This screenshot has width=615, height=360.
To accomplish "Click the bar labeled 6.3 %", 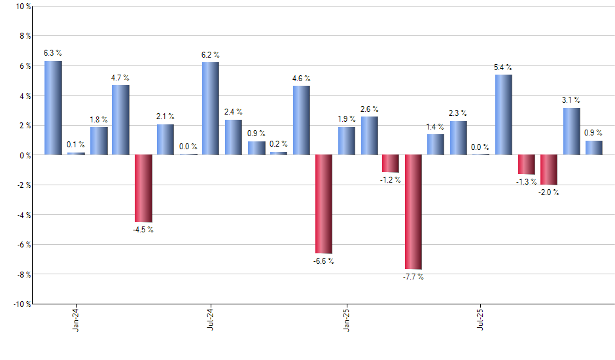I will [x=53, y=108].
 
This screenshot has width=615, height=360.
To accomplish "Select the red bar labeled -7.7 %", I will [x=413, y=211].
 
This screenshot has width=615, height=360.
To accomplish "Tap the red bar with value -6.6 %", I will [x=324, y=204].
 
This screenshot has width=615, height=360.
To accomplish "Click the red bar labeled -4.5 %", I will [x=143, y=188].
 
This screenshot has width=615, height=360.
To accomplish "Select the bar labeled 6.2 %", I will [x=211, y=109].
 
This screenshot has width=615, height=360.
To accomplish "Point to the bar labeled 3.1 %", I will [x=571, y=132].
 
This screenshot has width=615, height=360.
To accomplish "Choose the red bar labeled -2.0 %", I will [x=549, y=170].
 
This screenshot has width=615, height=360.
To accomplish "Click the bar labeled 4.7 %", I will [x=120, y=120].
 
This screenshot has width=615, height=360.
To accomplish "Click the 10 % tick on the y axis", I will [x=23, y=7].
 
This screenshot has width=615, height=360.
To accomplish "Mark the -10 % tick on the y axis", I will [x=22, y=304].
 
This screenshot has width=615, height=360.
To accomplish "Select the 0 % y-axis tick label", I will [x=24, y=155].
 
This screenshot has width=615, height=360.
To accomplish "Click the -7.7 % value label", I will [x=413, y=277].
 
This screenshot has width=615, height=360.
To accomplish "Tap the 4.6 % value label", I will [x=301, y=79].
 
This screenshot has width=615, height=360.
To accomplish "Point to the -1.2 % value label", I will [x=391, y=179].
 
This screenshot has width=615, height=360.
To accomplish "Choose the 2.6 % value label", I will [x=369, y=109].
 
